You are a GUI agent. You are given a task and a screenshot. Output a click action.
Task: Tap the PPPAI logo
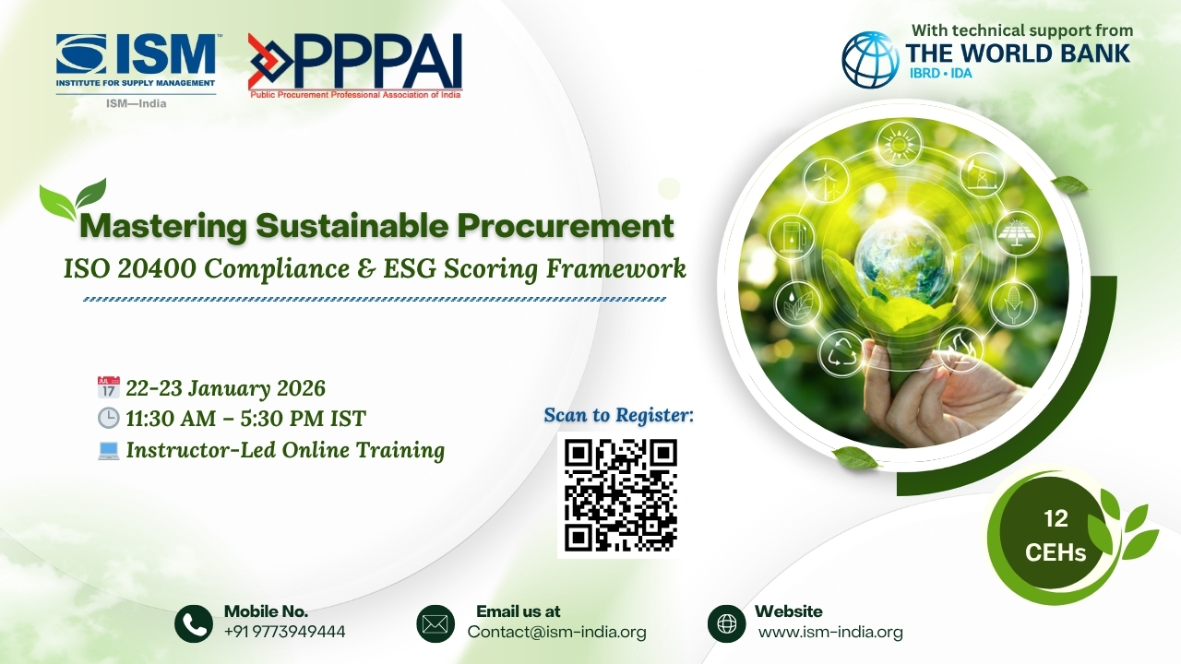point(355,65)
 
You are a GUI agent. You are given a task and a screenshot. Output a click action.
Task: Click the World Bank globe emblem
point(869,60)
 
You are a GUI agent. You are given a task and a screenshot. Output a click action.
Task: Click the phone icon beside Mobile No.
point(194,624)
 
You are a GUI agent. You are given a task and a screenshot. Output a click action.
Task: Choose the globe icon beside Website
point(727,624)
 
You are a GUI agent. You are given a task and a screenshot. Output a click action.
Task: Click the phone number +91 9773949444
point(284,633)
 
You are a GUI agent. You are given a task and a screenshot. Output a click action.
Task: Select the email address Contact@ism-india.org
point(556,633)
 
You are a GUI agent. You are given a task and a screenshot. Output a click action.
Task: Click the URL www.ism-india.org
point(829,633)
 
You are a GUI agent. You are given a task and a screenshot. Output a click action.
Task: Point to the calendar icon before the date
point(108,387)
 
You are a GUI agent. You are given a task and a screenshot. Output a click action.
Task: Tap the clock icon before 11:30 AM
point(108,419)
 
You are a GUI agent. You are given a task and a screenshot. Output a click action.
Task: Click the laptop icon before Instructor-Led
point(108,450)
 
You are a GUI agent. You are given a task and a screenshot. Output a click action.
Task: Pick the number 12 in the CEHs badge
point(1056,520)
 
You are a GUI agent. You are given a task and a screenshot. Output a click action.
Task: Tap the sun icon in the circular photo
point(894,146)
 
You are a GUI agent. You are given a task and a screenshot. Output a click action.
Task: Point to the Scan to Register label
point(618,416)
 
